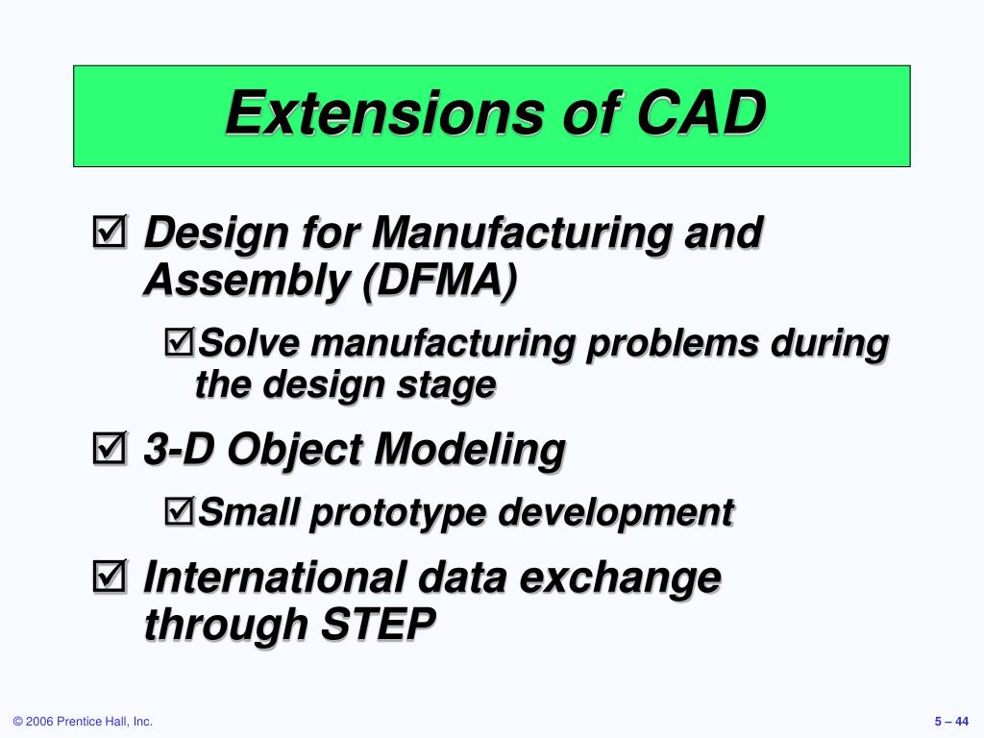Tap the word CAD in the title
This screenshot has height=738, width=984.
click(701, 113)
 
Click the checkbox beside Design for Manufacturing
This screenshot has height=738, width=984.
click(110, 231)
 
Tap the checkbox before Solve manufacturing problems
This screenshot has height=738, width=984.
click(180, 342)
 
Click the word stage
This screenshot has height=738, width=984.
click(446, 385)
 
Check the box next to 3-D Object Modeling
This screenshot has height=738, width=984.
click(110, 448)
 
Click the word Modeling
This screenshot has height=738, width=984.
click(469, 451)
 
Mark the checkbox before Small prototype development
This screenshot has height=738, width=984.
click(180, 511)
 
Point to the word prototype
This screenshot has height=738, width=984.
click(398, 514)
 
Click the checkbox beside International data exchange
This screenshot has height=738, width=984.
click(110, 576)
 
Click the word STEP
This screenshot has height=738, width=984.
click(378, 624)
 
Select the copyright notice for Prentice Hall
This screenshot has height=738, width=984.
click(83, 722)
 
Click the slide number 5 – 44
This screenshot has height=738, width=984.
click(951, 722)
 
